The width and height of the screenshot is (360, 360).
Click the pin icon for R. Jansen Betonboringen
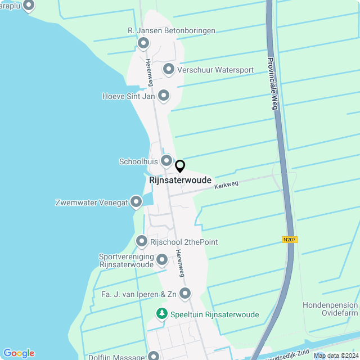(x=143, y=43)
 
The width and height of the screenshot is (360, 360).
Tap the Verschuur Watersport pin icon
(x=168, y=70)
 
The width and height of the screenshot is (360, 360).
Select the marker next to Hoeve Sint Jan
(x=164, y=96)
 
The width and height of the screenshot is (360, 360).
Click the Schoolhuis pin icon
(x=166, y=161)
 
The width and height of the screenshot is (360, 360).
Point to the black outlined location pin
(x=180, y=166)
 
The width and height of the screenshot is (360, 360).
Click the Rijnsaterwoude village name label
(x=181, y=180)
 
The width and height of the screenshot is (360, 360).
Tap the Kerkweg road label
(x=227, y=184)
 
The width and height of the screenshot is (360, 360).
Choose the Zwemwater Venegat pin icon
(x=136, y=202)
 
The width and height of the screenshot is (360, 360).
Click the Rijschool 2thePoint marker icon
(x=142, y=242)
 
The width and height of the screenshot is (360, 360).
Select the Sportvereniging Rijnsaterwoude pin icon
(x=162, y=260)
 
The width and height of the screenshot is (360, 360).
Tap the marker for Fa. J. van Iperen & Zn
(x=184, y=293)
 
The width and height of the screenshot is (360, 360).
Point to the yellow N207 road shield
(x=290, y=240)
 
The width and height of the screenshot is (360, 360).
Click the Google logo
(x=19, y=353)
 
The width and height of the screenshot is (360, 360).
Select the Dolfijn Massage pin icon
(x=154, y=356)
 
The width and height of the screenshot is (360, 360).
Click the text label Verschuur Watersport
(x=215, y=70)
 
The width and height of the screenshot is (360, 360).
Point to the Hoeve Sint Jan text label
(x=128, y=96)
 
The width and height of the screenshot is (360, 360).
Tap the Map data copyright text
(x=336, y=355)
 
